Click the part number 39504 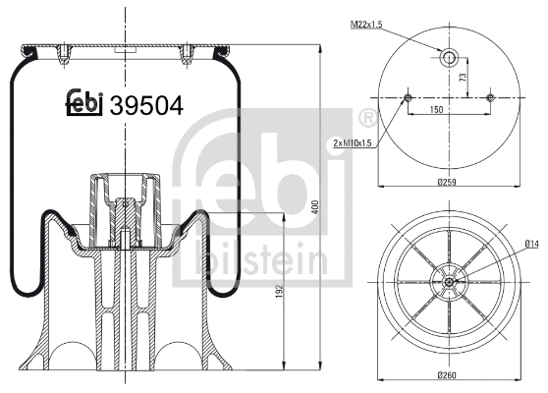pyautogui.click(x=147, y=105)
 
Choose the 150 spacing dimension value pyautogui.click(x=450, y=110)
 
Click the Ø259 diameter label pyautogui.click(x=450, y=183)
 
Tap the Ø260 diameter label pyautogui.click(x=450, y=374)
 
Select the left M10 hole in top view pyautogui.click(x=408, y=97)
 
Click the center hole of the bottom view pyautogui.click(x=449, y=283)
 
